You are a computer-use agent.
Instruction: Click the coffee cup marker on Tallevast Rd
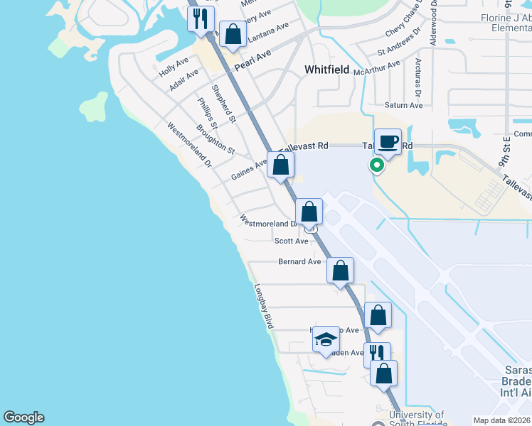388,141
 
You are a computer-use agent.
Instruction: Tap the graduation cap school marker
325,339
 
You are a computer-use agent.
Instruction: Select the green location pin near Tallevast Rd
376,166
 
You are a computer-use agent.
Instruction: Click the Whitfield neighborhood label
326,70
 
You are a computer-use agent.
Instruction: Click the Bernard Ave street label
299,262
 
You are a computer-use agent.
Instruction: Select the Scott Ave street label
291,241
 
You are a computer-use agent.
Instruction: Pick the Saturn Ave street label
403,106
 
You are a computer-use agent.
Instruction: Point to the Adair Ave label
184,80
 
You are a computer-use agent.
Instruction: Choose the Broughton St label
215,140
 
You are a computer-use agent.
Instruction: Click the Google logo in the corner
23,417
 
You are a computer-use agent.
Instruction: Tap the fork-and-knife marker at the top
201,17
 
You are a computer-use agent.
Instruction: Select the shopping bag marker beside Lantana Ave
233,33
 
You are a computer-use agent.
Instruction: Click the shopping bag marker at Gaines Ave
281,165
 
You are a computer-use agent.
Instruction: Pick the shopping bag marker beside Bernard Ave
341,271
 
